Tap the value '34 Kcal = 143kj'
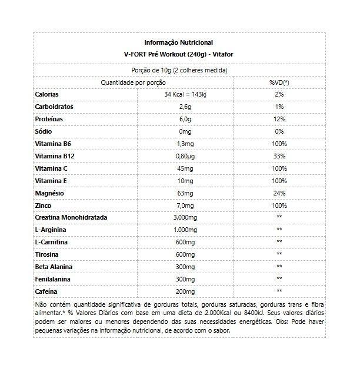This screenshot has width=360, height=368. pyautogui.click(x=185, y=94)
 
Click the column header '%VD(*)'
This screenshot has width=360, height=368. pyautogui.click(x=279, y=82)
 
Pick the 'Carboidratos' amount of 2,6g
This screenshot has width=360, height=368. pyautogui.click(x=185, y=107)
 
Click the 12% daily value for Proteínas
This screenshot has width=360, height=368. pyautogui.click(x=279, y=119)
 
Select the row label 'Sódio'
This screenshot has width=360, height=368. pyautogui.click(x=44, y=131)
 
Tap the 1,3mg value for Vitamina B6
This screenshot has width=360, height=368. pyautogui.click(x=185, y=144)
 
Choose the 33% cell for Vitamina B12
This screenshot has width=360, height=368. pyautogui.click(x=279, y=156)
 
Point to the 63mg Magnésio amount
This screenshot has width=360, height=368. pyautogui.click(x=185, y=193)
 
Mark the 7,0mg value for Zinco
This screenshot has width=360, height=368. pyautogui.click(x=185, y=205)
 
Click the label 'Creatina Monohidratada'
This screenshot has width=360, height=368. pyautogui.click(x=71, y=217)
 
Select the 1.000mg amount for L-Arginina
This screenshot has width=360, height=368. pyautogui.click(x=185, y=230)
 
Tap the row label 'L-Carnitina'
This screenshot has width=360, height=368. pyautogui.click(x=52, y=242)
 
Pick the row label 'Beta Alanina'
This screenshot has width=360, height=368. pyautogui.click(x=54, y=267)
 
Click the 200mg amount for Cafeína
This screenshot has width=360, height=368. pyautogui.click(x=185, y=291)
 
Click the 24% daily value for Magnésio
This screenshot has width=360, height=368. pyautogui.click(x=279, y=193)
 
